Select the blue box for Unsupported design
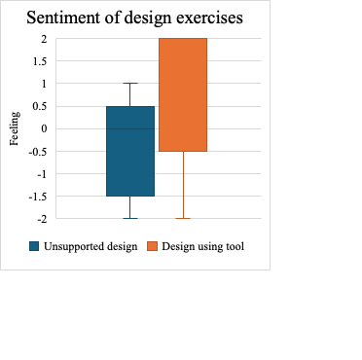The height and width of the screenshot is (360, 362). click(x=130, y=151)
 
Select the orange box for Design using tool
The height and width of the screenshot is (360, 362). click(x=183, y=94)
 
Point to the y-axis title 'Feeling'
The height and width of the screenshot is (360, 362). click(x=14, y=128)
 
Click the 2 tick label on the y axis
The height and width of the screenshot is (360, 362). click(x=43, y=39)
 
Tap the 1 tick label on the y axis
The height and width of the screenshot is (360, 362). click(x=43, y=84)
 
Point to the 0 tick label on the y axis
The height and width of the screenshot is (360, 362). click(x=43, y=128)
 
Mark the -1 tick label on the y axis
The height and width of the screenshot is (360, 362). click(x=41, y=174)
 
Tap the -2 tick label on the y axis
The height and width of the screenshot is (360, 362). click(x=41, y=219)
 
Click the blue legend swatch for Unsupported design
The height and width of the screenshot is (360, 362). click(x=33, y=246)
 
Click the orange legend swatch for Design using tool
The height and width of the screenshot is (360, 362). click(x=152, y=246)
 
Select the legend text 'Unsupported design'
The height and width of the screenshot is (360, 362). click(x=89, y=246)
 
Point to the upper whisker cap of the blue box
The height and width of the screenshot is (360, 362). click(x=130, y=84)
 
